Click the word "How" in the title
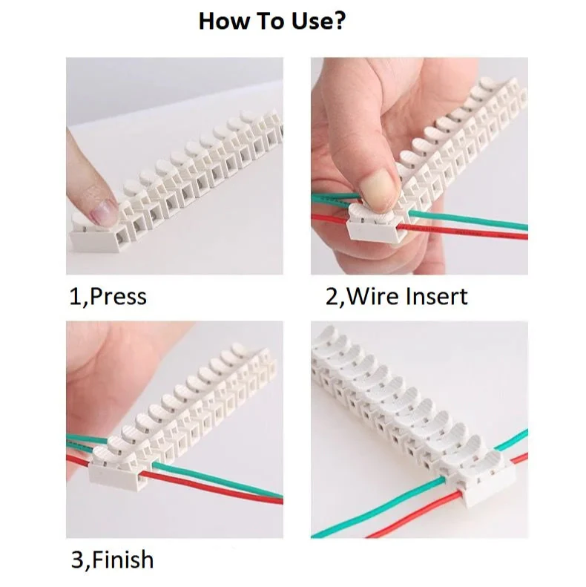223,21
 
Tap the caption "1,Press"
108,297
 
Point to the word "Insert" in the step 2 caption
436,296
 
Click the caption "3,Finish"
112,560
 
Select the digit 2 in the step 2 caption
332,297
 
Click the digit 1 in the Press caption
75,297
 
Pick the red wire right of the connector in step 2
463,231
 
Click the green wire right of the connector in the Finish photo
217,480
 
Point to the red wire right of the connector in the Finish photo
211,488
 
